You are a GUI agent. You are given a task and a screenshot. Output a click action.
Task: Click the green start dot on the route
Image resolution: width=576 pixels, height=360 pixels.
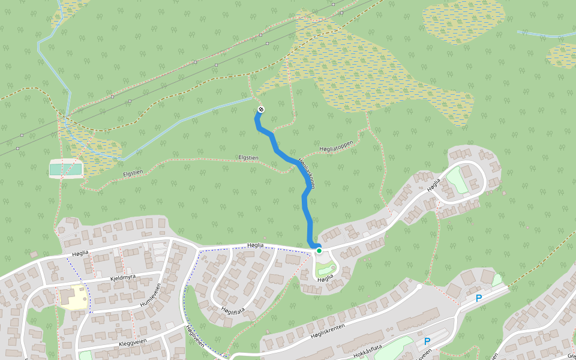(x=319, y=251)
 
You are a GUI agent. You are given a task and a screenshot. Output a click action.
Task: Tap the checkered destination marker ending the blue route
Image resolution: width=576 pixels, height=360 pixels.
(x=261, y=109)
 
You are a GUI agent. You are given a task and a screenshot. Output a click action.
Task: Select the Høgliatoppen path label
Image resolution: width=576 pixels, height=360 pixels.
(x=336, y=147)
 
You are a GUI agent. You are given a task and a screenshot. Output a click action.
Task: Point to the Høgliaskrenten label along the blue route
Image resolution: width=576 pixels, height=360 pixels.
(x=307, y=173)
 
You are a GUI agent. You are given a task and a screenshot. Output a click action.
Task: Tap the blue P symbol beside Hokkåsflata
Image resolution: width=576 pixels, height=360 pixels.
(x=427, y=341)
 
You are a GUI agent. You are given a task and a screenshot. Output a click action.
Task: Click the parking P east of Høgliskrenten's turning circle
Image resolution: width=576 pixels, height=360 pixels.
(x=479, y=298)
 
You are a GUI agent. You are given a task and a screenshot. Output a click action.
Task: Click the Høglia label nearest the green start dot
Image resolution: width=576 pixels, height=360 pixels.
(x=325, y=279)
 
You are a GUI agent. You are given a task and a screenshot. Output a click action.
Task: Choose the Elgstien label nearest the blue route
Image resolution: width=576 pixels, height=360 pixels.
(x=248, y=158)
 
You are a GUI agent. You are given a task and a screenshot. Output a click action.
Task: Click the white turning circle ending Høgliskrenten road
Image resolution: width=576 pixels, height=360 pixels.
(x=419, y=287)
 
